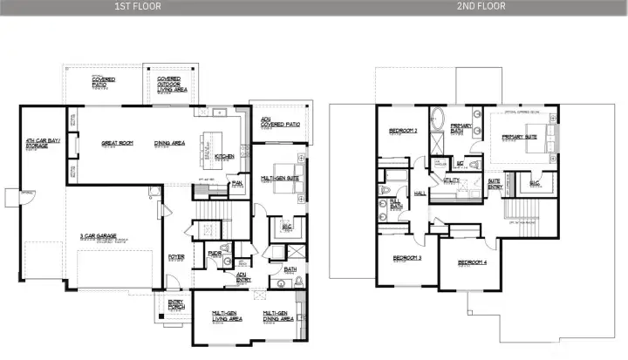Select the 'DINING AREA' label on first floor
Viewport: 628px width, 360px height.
pos(167,143)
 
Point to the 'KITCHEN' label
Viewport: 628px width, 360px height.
pos(224,156)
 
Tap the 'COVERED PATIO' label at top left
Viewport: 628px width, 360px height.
pos(105,82)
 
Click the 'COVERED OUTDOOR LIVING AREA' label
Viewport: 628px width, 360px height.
pos(169,85)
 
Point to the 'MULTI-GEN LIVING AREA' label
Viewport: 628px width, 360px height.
pos(228,316)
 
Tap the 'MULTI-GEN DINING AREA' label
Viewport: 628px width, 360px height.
pos(275,316)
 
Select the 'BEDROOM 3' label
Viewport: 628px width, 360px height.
pos(407,258)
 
